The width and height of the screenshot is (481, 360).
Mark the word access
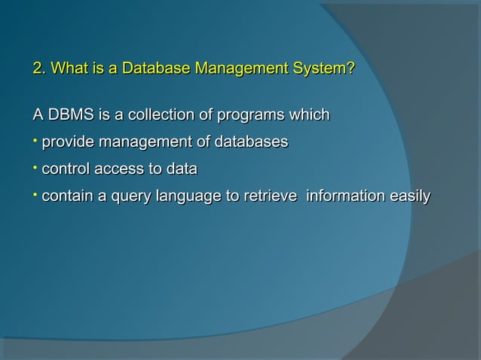120,169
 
